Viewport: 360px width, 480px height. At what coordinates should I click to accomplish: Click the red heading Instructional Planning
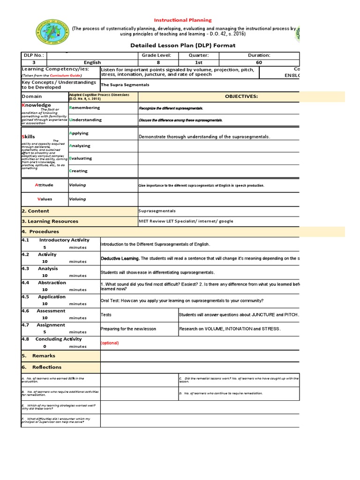coord(183,20)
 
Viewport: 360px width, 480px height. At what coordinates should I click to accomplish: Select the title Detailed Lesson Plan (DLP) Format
coord(180,45)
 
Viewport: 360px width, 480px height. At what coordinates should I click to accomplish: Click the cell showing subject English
coord(92,62)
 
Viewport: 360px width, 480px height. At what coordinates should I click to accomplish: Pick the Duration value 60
coord(259,62)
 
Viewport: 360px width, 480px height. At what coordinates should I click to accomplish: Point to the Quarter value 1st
coord(199,62)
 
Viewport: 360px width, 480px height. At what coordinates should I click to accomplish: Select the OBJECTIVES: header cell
coord(241,97)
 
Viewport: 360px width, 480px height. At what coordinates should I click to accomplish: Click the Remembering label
coord(84,108)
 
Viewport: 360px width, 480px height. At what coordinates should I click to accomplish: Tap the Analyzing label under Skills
coord(80,146)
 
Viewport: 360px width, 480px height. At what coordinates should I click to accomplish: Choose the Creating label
coord(78,171)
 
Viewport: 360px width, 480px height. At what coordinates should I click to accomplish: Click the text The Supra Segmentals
coord(125,85)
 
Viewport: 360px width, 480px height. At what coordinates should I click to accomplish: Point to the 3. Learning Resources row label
coord(50,221)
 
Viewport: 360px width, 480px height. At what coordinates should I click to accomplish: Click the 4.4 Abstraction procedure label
coord(44,283)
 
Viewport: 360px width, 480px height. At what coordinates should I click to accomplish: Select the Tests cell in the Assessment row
coord(106,315)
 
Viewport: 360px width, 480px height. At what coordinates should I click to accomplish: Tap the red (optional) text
coord(110,343)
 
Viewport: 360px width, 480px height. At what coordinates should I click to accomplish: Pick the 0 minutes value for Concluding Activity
coord(45,346)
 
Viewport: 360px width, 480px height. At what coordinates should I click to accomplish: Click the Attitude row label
coord(45,185)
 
